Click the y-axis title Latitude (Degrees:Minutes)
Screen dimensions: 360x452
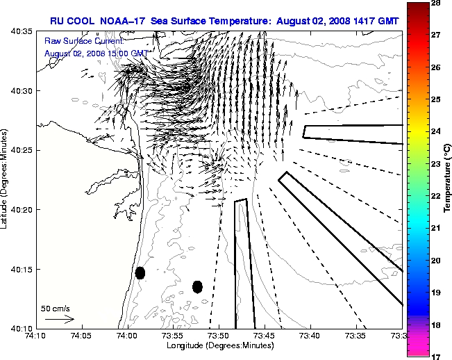pos(6,180)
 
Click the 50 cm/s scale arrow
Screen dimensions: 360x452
pos(59,319)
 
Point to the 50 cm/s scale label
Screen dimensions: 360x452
pos(56,308)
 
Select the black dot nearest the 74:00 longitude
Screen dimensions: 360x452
pos(140,272)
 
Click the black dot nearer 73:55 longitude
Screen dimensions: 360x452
pos(197,286)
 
